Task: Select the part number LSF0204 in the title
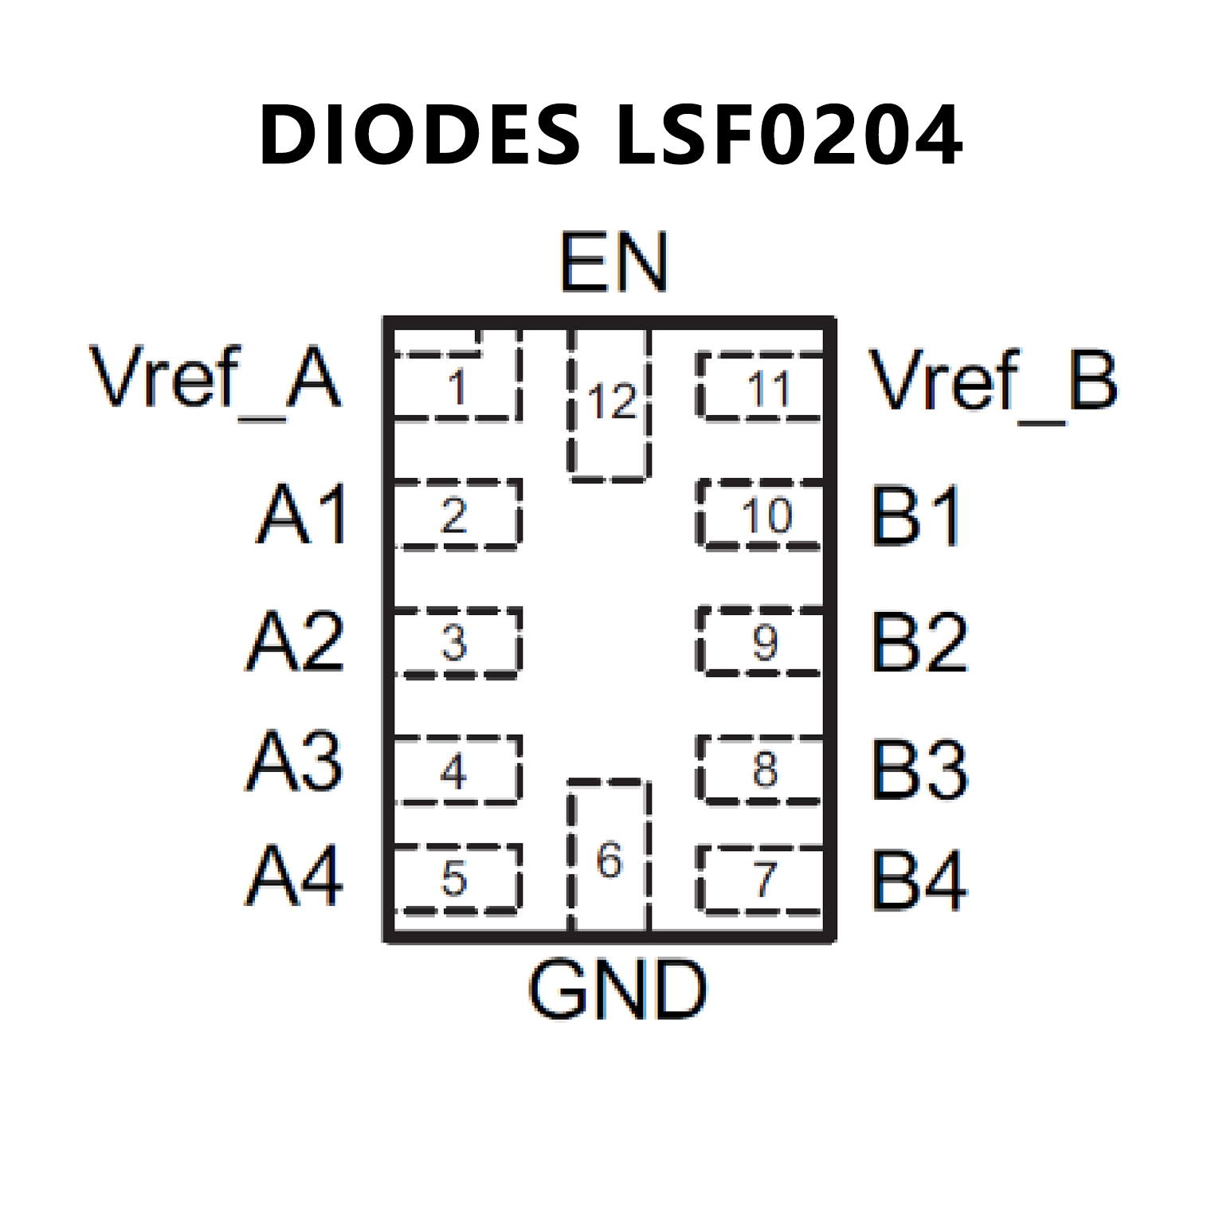(789, 135)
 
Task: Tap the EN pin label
(613, 263)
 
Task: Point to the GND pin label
(617, 990)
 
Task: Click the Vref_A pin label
(216, 378)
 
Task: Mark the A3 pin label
(295, 762)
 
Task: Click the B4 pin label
(919, 880)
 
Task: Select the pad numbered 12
(610, 406)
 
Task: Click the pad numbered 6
(610, 856)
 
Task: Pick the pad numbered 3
(456, 642)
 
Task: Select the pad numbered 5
(456, 878)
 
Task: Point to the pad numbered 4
(456, 770)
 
